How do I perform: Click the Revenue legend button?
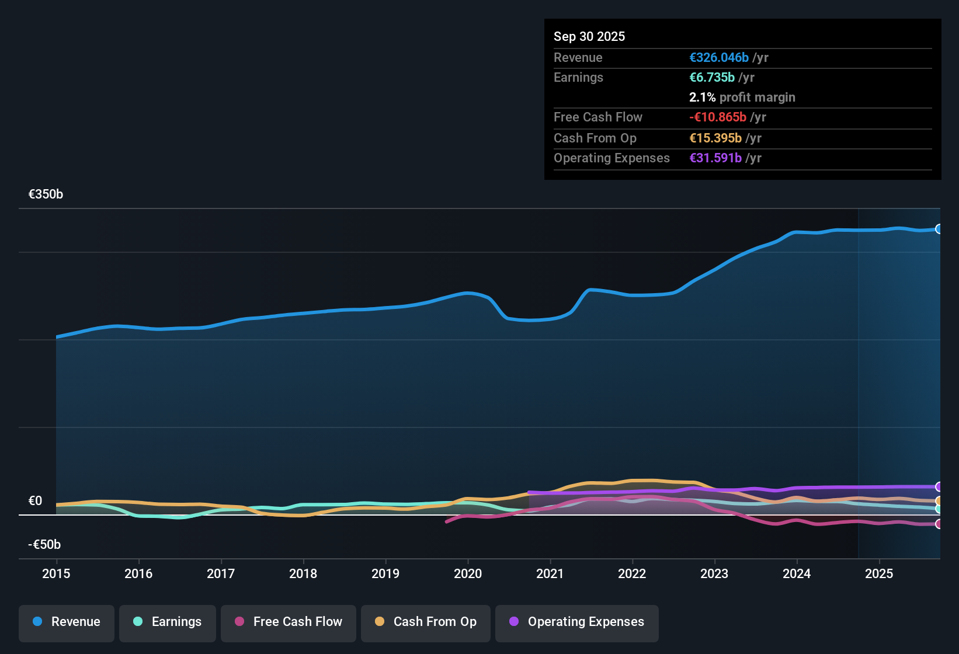pyautogui.click(x=67, y=622)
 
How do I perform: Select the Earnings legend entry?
pyautogui.click(x=168, y=622)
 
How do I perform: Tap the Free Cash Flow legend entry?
pyautogui.click(x=289, y=622)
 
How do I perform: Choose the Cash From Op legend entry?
pyautogui.click(x=426, y=622)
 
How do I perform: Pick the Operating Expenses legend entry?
pyautogui.click(x=577, y=622)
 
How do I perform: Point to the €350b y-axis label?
pyautogui.click(x=46, y=194)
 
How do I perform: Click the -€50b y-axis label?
pyautogui.click(x=44, y=545)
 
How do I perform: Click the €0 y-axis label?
pyautogui.click(x=35, y=501)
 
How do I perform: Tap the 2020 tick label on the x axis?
pyautogui.click(x=468, y=574)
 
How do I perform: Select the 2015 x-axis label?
pyautogui.click(x=56, y=574)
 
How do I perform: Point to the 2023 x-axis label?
pyautogui.click(x=714, y=574)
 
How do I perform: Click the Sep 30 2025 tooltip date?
pyautogui.click(x=589, y=37)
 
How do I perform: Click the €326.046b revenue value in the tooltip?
pyautogui.click(x=718, y=58)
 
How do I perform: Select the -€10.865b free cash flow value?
pyautogui.click(x=717, y=117)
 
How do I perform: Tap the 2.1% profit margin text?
pyautogui.click(x=742, y=98)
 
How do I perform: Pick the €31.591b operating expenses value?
pyautogui.click(x=715, y=158)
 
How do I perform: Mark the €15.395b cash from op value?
pyautogui.click(x=715, y=138)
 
